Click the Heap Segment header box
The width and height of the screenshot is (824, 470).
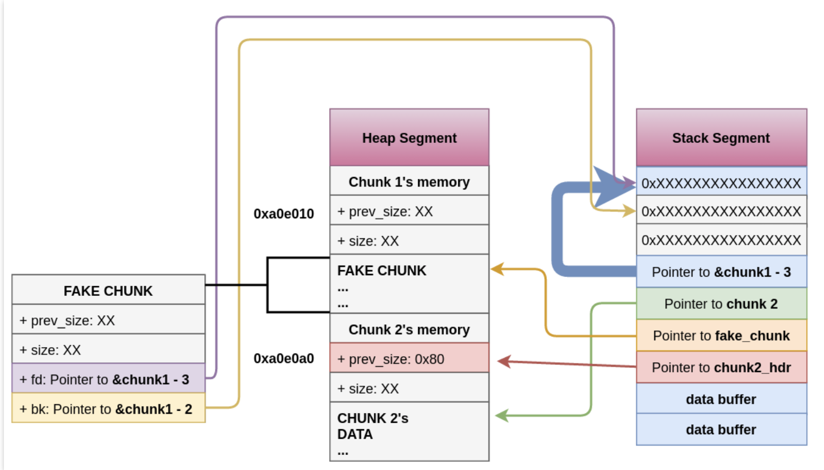coord(409,137)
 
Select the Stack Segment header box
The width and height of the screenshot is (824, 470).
coord(721,137)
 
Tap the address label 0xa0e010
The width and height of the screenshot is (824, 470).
coord(284,214)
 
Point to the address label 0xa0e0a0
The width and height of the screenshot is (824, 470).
coord(284,358)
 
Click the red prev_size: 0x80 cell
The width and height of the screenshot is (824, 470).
coord(409,358)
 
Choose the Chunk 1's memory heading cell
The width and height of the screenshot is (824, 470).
coord(409,181)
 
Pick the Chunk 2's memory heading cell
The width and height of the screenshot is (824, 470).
coord(409,329)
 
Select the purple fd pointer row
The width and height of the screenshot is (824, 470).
coord(108,379)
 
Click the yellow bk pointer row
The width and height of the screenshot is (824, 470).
coord(108,409)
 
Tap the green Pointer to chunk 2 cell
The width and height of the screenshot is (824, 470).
coord(721,304)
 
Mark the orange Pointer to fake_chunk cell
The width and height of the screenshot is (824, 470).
coord(721,335)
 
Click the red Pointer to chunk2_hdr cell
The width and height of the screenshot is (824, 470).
coord(721,367)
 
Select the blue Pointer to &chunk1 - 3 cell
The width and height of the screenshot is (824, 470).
coord(721,272)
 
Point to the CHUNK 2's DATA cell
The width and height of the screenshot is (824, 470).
coord(409,431)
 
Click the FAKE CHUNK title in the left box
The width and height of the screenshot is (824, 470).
coord(108,290)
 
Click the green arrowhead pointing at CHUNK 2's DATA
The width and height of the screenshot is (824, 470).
coord(501,416)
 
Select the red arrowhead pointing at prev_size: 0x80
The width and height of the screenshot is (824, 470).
coord(504,362)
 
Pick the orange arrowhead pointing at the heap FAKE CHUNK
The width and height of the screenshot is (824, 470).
coord(497,270)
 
